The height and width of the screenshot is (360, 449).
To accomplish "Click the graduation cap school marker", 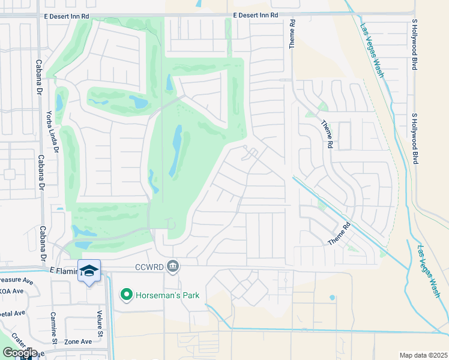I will click(89, 271).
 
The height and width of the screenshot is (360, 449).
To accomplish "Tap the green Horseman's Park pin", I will click(126, 295).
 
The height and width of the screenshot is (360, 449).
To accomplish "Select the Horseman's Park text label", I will click(167, 295).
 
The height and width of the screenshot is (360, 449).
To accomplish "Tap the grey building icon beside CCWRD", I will click(173, 265).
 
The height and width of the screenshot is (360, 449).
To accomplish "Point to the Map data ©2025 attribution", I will click(424, 355).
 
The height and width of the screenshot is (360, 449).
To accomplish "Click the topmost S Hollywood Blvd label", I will click(414, 44).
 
